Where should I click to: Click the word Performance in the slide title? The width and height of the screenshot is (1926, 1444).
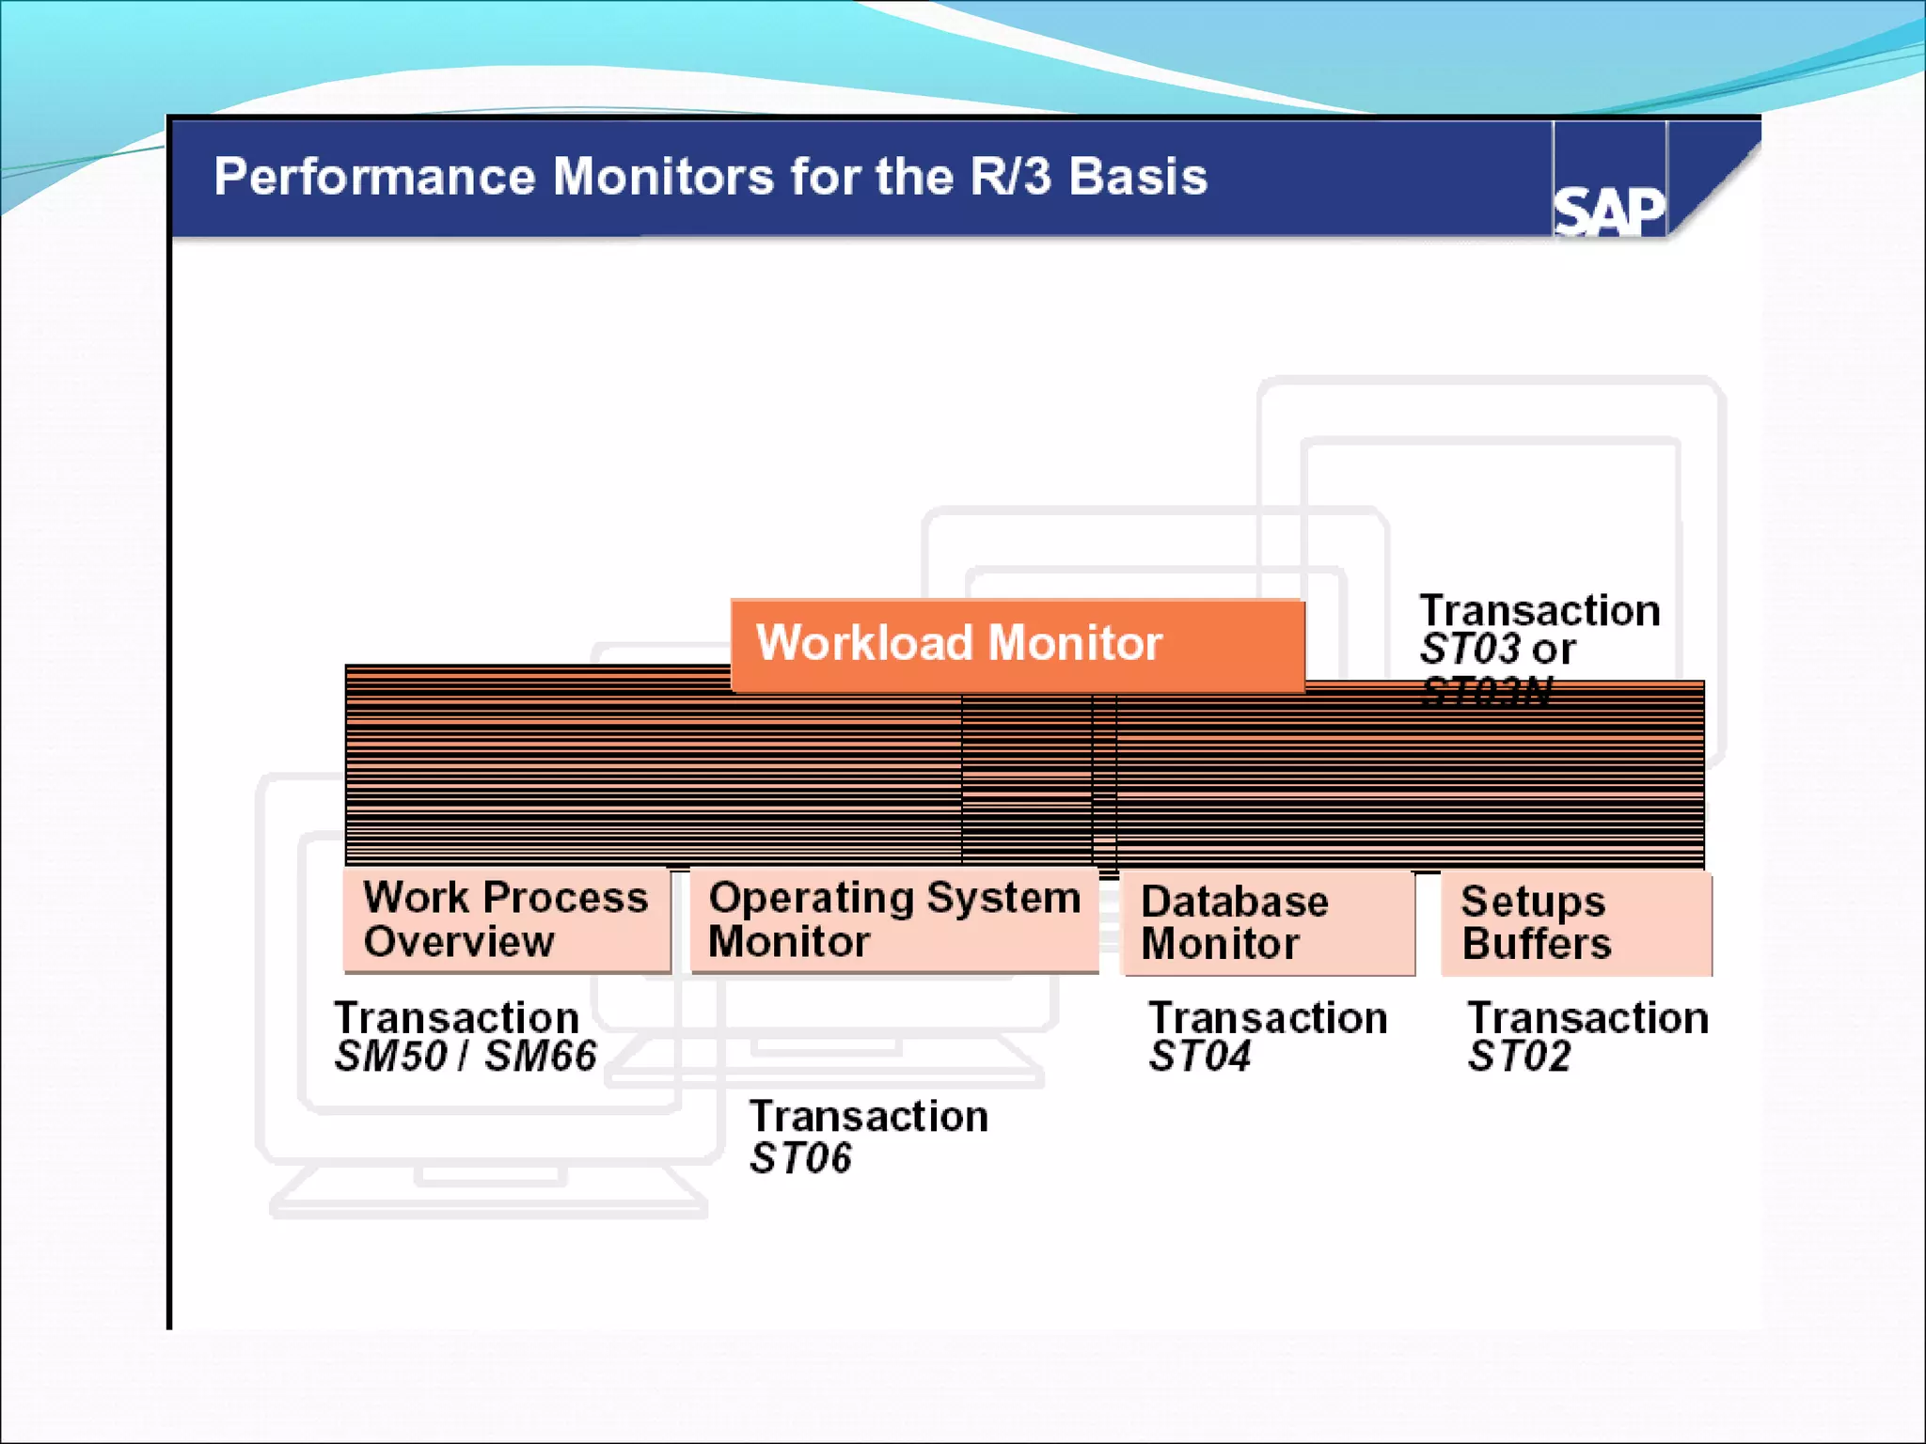click(x=373, y=177)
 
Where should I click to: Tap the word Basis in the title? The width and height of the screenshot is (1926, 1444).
click(x=1138, y=177)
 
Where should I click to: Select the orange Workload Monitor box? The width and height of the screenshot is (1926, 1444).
click(x=1016, y=645)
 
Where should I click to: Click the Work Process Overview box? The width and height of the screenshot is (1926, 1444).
click(x=506, y=919)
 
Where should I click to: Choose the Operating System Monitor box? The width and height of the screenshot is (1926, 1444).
click(x=893, y=919)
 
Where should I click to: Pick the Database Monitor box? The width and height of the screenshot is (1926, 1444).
click(x=1267, y=923)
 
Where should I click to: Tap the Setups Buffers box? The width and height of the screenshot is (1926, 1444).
click(x=1575, y=923)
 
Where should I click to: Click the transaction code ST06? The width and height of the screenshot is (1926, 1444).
click(x=800, y=1158)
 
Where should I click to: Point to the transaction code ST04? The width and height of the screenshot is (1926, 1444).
click(x=1200, y=1057)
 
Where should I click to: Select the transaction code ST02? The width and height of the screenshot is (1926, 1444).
click(x=1520, y=1057)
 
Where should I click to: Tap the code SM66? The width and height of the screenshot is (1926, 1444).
click(x=541, y=1057)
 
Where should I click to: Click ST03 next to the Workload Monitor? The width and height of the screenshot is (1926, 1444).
click(x=1471, y=650)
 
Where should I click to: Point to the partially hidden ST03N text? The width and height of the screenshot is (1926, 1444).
click(x=1486, y=692)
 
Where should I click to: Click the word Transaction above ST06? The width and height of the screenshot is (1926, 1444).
click(x=869, y=1117)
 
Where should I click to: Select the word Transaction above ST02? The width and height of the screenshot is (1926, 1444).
click(x=1588, y=1018)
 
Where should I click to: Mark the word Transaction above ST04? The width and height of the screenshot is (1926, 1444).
click(x=1268, y=1018)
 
